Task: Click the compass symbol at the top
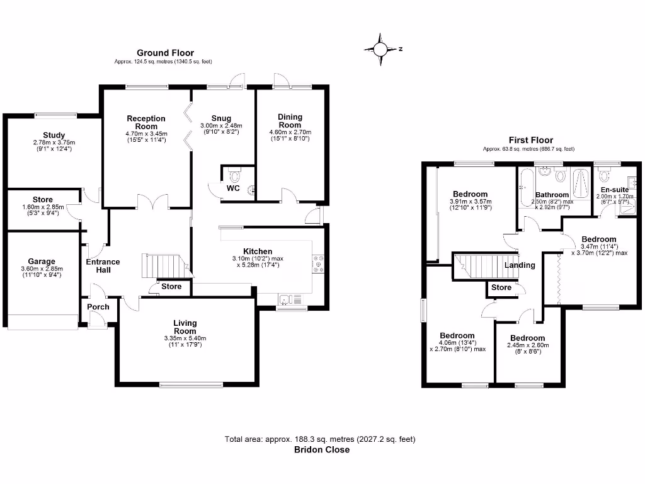(x=382, y=49)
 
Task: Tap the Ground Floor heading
(x=166, y=53)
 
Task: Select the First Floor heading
(x=530, y=141)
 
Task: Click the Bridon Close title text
(x=322, y=450)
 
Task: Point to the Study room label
(x=54, y=135)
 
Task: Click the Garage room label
(x=42, y=262)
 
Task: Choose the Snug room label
(x=221, y=118)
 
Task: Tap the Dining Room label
(x=290, y=121)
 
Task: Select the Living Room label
(x=185, y=327)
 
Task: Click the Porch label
(x=98, y=307)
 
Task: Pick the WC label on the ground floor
(x=232, y=188)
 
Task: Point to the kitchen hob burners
(x=317, y=264)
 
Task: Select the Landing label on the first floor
(x=520, y=265)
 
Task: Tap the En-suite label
(x=614, y=190)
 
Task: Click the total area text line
(x=321, y=439)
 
